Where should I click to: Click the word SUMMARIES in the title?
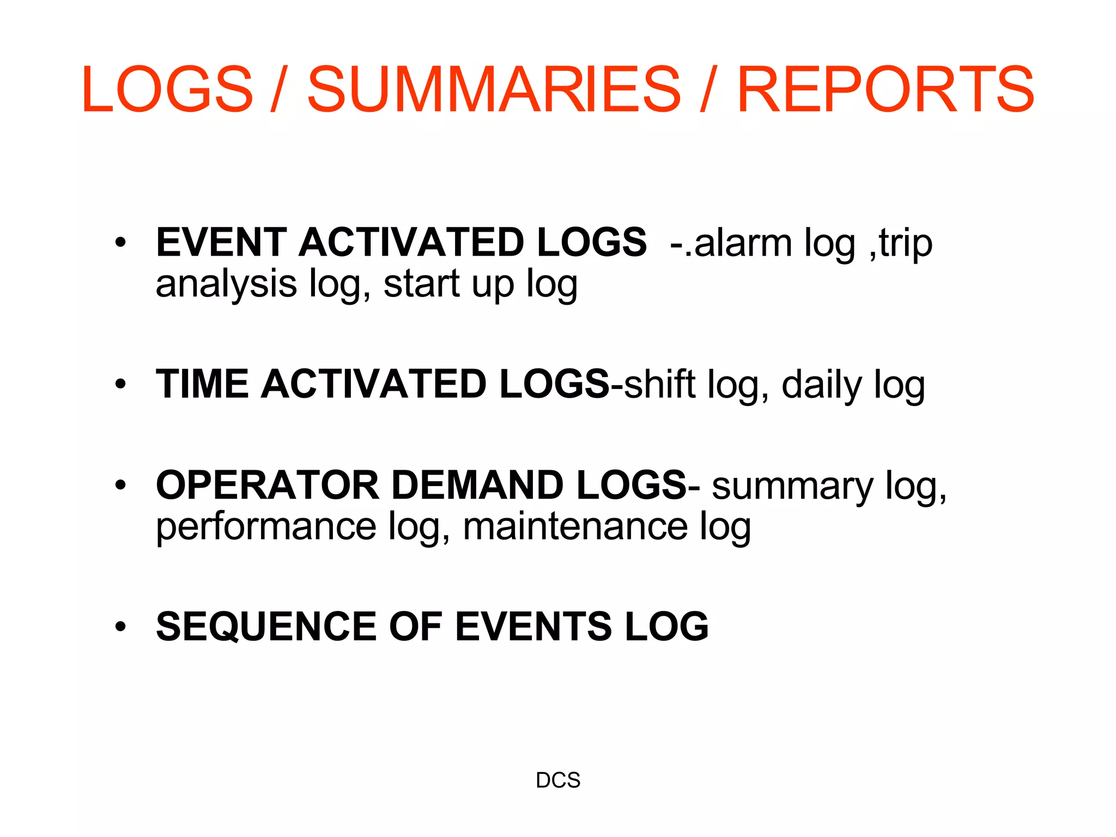[x=494, y=89]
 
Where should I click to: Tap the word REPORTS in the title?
[x=885, y=89]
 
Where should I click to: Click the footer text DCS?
[x=558, y=780]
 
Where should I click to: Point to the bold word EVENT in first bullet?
[x=221, y=242]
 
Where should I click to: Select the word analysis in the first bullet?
[x=226, y=284]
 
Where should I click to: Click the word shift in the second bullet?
[x=660, y=385]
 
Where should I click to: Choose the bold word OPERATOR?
[x=268, y=485]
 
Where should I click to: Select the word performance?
[x=266, y=527]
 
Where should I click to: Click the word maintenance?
[x=575, y=527]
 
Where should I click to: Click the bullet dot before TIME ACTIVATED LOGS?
[x=120, y=384]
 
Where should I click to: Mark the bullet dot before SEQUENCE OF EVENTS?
[x=120, y=627]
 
